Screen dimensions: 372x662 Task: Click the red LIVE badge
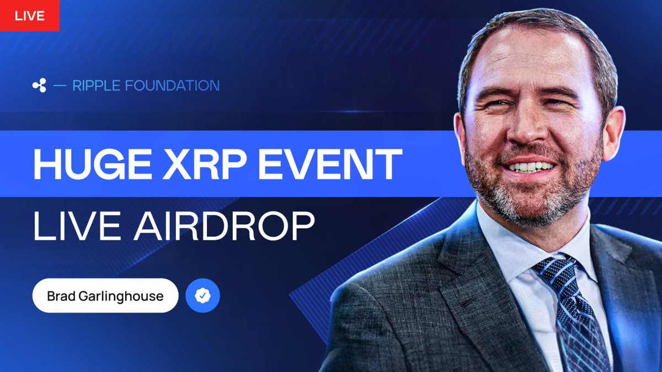[x=29, y=15]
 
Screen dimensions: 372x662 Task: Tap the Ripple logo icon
[x=39, y=85]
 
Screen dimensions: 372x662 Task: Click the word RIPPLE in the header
[x=98, y=85]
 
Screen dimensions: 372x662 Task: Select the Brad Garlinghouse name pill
[x=105, y=296]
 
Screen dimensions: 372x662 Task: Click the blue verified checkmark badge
[x=202, y=296]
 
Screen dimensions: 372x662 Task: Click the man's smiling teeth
[x=530, y=166]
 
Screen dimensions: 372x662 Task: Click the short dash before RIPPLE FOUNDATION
[x=60, y=85]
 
